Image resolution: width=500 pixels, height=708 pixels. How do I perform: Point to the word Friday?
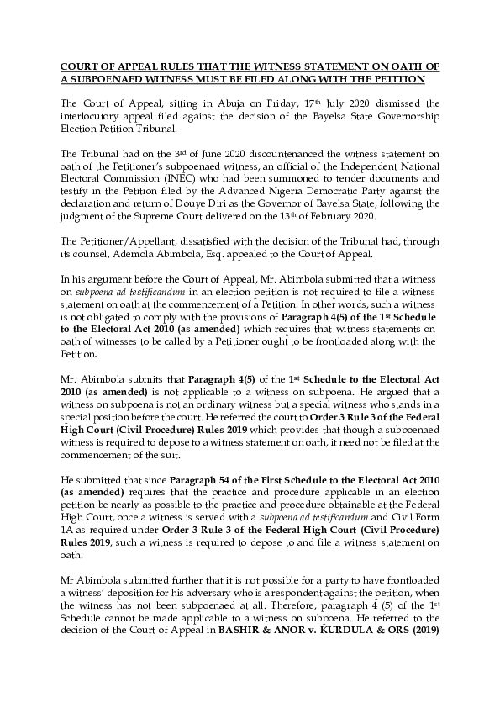click(x=245, y=103)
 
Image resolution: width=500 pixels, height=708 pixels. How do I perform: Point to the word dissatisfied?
click(x=190, y=240)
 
